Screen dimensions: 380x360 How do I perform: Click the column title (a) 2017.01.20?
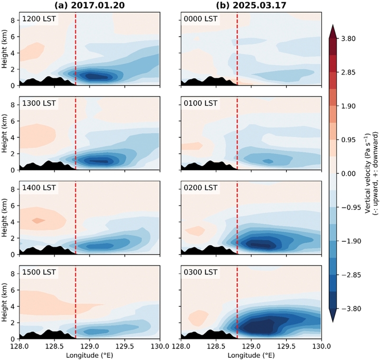[89, 5]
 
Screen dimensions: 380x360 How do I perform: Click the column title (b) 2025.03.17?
[251, 5]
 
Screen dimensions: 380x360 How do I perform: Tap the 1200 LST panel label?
[39, 19]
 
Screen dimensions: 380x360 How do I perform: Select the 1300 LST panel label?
[39, 103]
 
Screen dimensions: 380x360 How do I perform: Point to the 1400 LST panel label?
[39, 188]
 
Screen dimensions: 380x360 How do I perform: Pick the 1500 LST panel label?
[39, 272]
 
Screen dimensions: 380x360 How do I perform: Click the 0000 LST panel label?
[200, 19]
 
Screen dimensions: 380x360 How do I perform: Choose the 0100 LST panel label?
[200, 103]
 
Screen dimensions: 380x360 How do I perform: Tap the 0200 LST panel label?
[200, 188]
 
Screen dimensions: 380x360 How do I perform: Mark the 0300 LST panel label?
[200, 272]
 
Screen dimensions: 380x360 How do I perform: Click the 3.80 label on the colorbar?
[349, 39]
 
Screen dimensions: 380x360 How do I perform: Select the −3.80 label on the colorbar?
[351, 309]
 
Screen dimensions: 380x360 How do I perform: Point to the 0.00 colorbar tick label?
[349, 174]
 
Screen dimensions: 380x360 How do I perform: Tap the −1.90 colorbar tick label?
[351, 241]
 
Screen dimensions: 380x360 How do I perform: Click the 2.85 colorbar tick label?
[349, 73]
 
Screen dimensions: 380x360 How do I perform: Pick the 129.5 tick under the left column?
[125, 346]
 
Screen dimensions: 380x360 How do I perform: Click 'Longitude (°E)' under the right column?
[251, 355]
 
